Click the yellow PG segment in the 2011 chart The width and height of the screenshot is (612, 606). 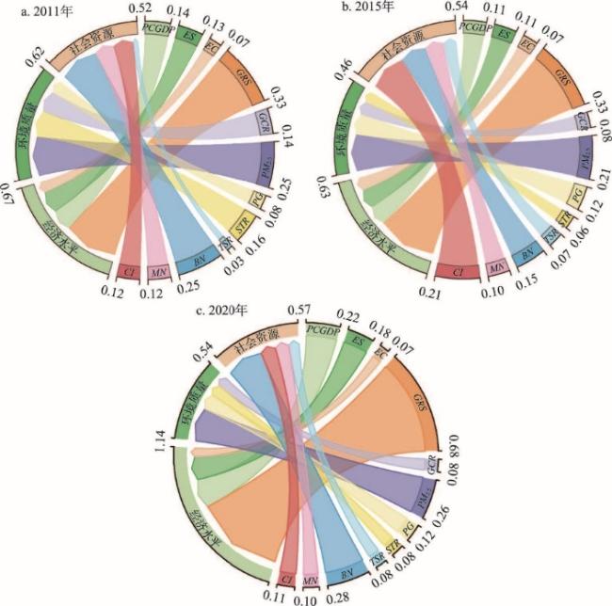coord(255,199)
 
